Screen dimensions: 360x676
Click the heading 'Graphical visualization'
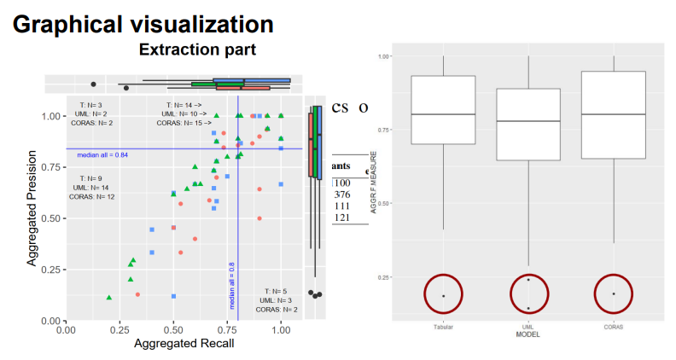click(x=143, y=24)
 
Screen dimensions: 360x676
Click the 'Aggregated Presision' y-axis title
click(x=32, y=210)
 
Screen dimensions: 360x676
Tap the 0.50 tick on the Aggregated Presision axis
click(x=53, y=218)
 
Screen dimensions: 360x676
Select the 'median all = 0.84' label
click(x=102, y=155)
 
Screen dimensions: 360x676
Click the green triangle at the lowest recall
click(x=109, y=297)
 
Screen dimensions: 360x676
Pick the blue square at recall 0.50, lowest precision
click(x=173, y=296)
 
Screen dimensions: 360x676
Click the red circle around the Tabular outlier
click(x=443, y=293)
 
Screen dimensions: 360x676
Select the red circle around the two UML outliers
click(x=528, y=293)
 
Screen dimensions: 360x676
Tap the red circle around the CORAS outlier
click(x=613, y=293)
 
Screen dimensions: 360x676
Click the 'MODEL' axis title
click(x=528, y=334)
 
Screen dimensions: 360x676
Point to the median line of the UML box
click(x=528, y=121)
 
